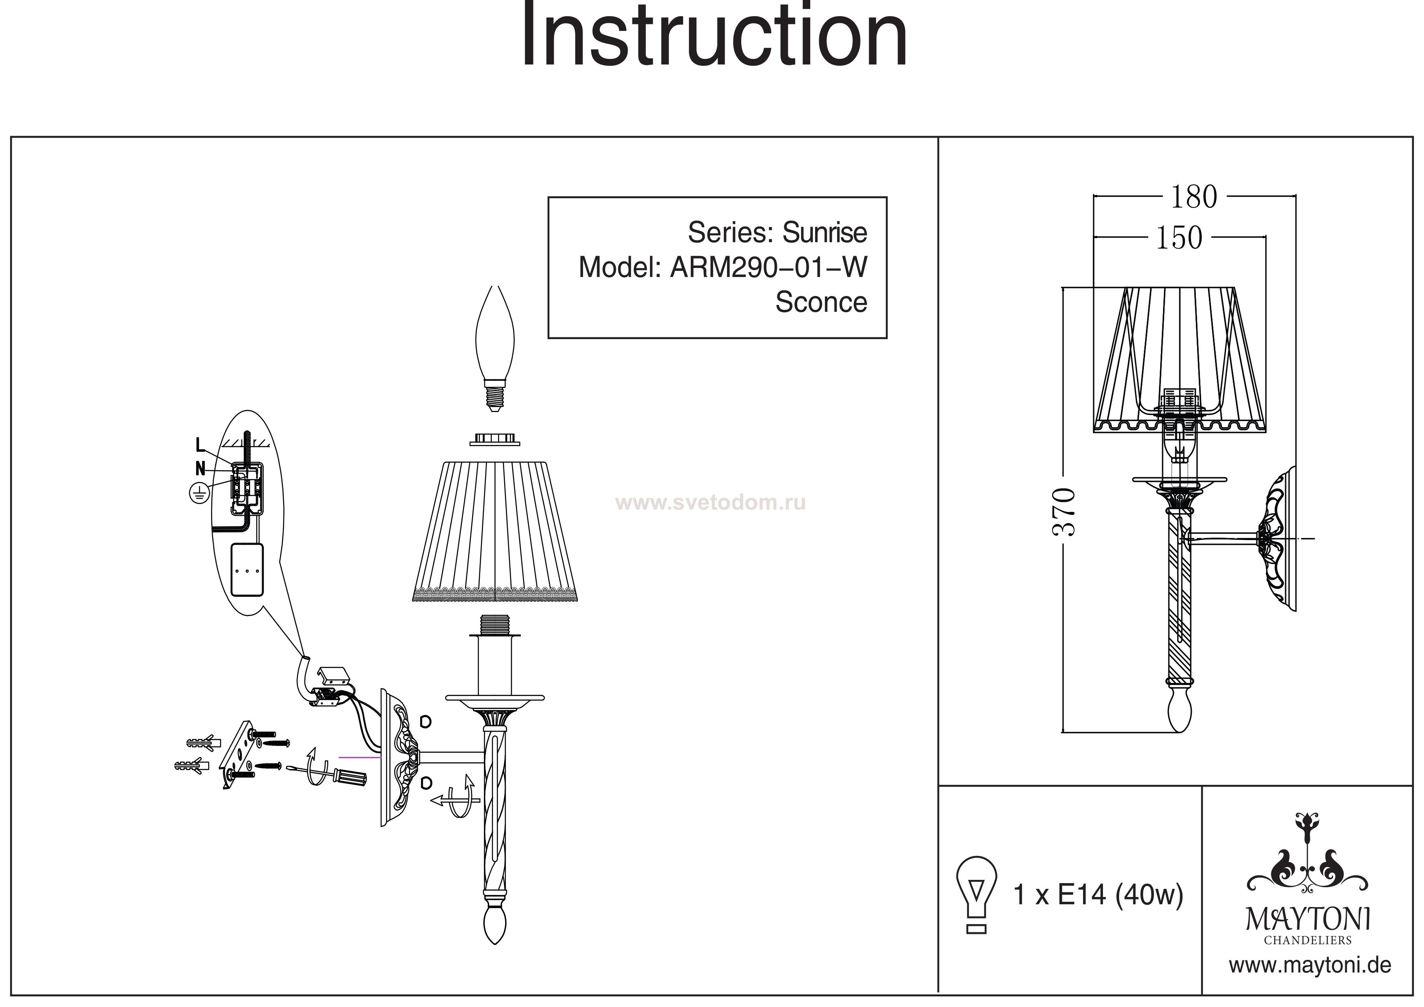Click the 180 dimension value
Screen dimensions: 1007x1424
tap(1193, 197)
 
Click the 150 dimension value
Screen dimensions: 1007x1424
tap(1178, 238)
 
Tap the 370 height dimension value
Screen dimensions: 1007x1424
tap(1063, 512)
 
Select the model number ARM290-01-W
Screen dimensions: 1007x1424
tap(768, 268)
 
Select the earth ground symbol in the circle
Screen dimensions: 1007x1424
tap(198, 494)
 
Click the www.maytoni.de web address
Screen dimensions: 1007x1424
tap(1310, 966)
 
